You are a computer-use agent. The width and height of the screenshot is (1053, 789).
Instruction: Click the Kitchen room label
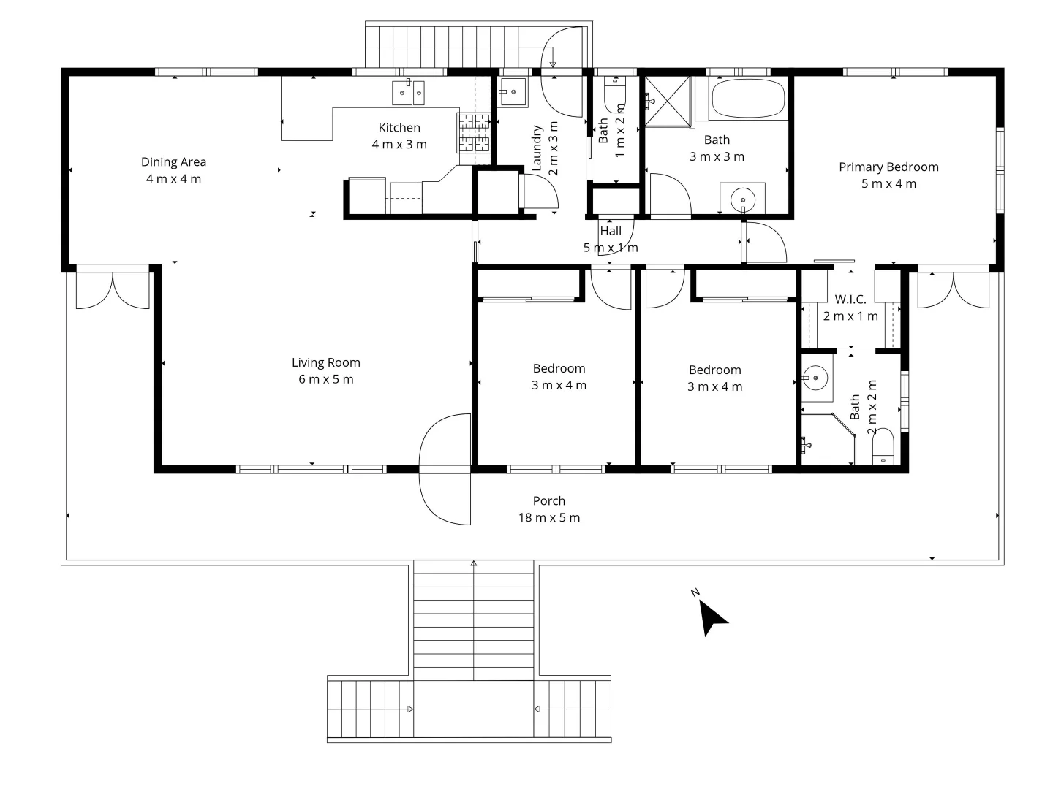pyautogui.click(x=399, y=128)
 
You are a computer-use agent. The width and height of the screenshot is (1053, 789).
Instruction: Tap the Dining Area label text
pyautogui.click(x=173, y=162)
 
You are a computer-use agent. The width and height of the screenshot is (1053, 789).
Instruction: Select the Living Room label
pyautogui.click(x=325, y=362)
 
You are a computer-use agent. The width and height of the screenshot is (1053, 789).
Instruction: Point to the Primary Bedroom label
pyautogui.click(x=888, y=167)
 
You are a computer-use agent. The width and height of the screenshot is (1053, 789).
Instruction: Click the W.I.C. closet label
pyautogui.click(x=850, y=300)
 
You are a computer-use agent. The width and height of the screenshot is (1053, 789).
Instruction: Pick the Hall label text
pyautogui.click(x=611, y=231)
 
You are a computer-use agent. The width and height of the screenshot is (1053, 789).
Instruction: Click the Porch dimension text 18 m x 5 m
pyautogui.click(x=548, y=518)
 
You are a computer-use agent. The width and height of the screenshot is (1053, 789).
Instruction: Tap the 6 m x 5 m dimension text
pyautogui.click(x=325, y=379)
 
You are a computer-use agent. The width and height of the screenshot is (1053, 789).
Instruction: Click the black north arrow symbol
pyautogui.click(x=710, y=617)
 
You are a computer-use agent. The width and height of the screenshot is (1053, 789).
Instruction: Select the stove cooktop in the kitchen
pyautogui.click(x=474, y=133)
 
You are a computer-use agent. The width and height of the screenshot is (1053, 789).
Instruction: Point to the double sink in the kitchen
pyautogui.click(x=408, y=93)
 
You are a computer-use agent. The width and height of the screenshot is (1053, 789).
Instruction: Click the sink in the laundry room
pyautogui.click(x=513, y=92)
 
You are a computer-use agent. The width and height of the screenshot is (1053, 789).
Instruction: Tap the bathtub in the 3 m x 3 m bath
pyautogui.click(x=748, y=99)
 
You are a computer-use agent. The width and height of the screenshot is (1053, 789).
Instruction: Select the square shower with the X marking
pyautogui.click(x=667, y=100)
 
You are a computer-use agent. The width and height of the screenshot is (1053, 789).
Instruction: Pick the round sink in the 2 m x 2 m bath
pyautogui.click(x=814, y=378)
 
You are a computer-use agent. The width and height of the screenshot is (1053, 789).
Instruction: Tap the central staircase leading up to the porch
pyautogui.click(x=473, y=621)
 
